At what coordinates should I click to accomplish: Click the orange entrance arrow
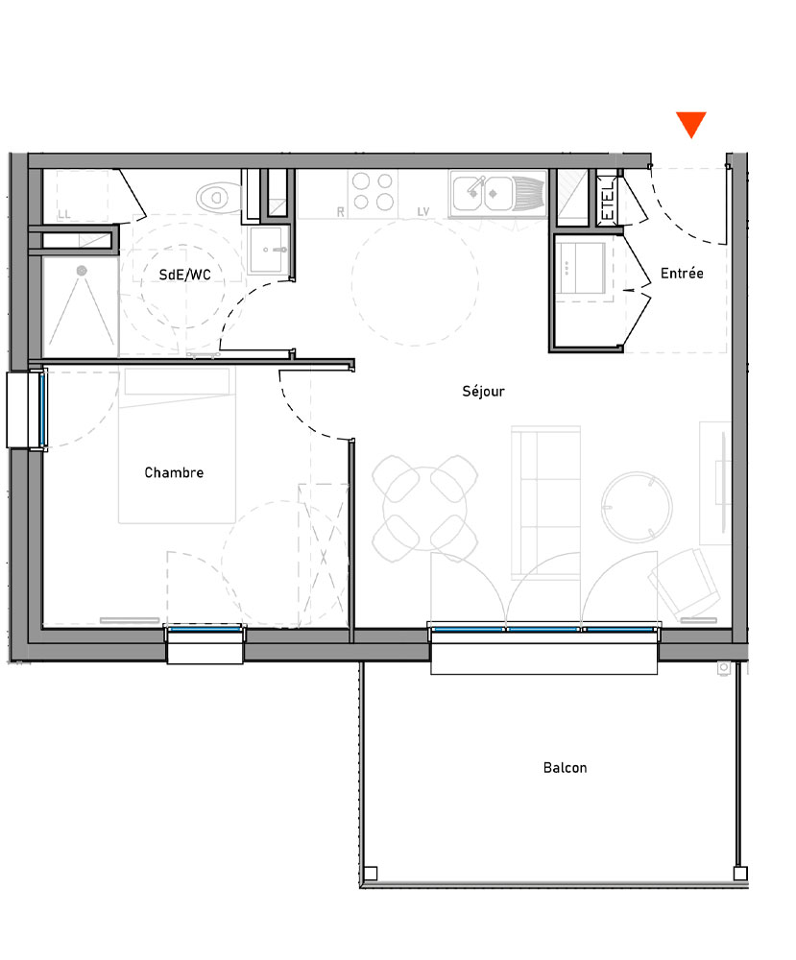click(x=690, y=124)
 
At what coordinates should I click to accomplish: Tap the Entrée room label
click(x=682, y=274)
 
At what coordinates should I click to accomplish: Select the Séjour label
click(x=483, y=391)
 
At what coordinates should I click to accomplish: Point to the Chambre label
click(x=174, y=472)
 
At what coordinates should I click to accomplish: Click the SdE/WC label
click(x=185, y=275)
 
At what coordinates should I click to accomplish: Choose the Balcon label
click(x=565, y=768)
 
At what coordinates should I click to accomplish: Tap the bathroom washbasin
click(x=268, y=252)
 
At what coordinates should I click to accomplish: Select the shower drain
click(x=81, y=271)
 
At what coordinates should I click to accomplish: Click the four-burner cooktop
click(x=373, y=191)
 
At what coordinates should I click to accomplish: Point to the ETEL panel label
click(x=607, y=202)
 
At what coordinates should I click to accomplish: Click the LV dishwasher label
click(x=423, y=212)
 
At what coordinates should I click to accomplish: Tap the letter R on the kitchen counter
click(x=340, y=212)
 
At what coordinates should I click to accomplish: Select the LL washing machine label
click(x=64, y=214)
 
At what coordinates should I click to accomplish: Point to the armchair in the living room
click(x=686, y=582)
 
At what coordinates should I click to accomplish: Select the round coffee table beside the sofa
click(x=633, y=505)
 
